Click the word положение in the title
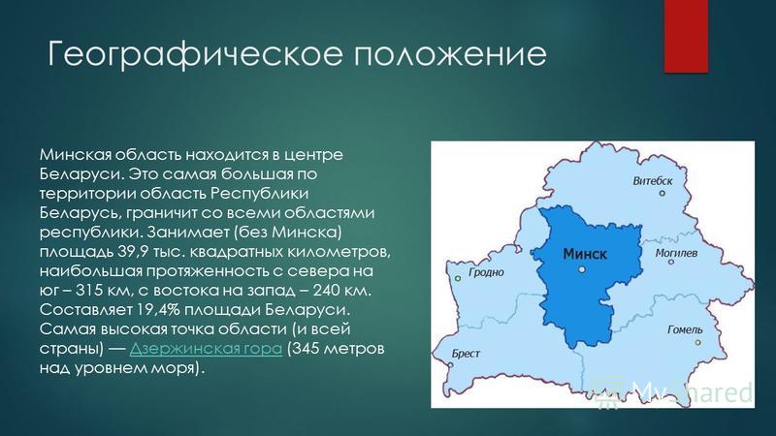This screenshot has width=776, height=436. pyautogui.click(x=450, y=53)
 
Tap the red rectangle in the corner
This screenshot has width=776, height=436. pyautogui.click(x=686, y=36)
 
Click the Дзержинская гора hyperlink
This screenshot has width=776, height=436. pyautogui.click(x=206, y=349)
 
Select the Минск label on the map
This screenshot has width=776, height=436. pyautogui.click(x=585, y=254)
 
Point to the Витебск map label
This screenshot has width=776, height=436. pyautogui.click(x=652, y=181)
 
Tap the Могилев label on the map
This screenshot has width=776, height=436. pyautogui.click(x=676, y=253)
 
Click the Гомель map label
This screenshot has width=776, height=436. pyautogui.click(x=685, y=329)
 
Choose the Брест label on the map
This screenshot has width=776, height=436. pyautogui.click(x=466, y=354)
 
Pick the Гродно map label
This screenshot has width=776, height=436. pyautogui.click(x=486, y=272)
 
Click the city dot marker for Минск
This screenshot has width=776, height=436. pyautogui.click(x=582, y=269)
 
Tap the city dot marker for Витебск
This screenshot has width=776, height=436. pyautogui.click(x=663, y=193)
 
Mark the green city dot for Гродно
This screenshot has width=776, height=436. pyautogui.click(x=458, y=279)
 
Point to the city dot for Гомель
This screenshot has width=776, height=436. pyautogui.click(x=698, y=342)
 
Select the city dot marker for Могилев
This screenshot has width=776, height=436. pyautogui.click(x=671, y=262)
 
